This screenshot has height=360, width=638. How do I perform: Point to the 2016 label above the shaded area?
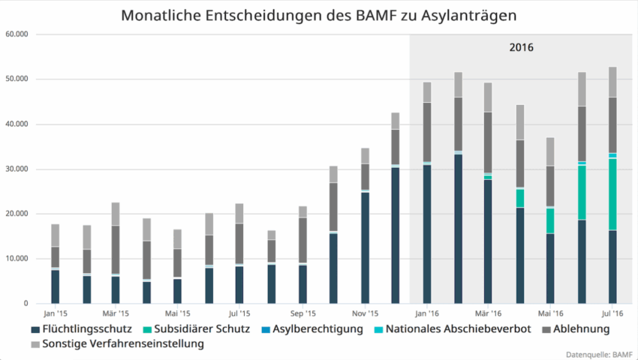pos(521,47)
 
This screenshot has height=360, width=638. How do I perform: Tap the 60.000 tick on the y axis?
pos(16,34)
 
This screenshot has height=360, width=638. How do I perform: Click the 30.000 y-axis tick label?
pos(16,169)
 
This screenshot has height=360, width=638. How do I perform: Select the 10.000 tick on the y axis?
pos(16,259)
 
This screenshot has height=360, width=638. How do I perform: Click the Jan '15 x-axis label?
pos(55,313)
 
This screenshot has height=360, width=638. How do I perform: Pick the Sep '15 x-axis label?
pos(302,313)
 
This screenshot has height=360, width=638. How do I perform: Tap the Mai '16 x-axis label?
pos(550,313)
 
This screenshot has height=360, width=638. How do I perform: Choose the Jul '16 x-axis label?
pos(612,313)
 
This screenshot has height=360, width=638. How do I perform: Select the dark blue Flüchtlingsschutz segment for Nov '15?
pos(365,247)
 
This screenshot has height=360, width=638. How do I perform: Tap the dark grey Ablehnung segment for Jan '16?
pos(427,132)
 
